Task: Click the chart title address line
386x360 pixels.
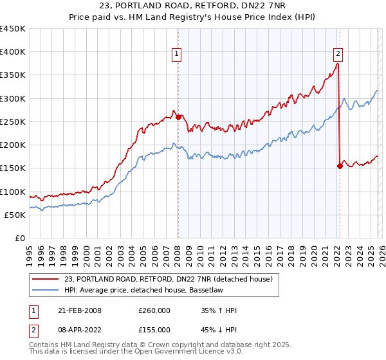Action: (x=193, y=6)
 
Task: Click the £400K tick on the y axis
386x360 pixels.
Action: (x=12, y=52)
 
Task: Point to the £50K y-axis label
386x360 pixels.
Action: (x=15, y=215)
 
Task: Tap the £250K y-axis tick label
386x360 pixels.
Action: (x=12, y=122)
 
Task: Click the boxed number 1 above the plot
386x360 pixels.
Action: (x=176, y=55)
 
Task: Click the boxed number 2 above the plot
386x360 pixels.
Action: (x=338, y=55)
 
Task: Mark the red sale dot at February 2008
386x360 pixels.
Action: (x=178, y=117)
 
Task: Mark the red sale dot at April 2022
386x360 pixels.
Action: (x=340, y=166)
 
